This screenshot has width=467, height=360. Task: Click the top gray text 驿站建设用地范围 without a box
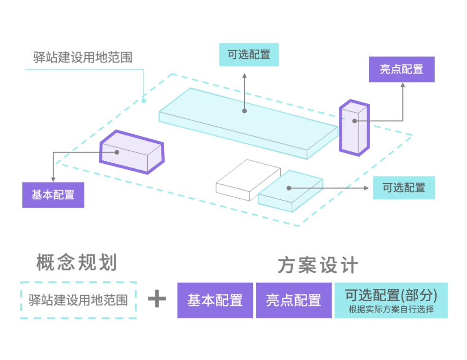[83, 57]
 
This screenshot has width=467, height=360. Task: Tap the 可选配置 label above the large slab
[249, 55]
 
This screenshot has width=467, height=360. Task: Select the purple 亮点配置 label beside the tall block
[401, 69]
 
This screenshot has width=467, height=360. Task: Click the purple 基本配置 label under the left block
[53, 194]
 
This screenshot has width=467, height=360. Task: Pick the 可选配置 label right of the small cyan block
[403, 187]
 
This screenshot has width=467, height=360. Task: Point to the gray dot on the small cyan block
[289, 188]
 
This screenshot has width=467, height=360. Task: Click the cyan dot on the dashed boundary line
[144, 101]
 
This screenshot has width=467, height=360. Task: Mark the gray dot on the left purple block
[117, 152]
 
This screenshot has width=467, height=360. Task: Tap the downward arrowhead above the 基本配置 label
[53, 180]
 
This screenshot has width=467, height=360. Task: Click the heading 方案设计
[318, 266]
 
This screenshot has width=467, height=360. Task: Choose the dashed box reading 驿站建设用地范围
[78, 300]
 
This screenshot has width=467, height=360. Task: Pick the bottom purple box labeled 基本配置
[215, 300]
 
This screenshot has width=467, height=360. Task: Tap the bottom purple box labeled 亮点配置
[293, 300]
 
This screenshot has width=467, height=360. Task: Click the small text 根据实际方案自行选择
[391, 310]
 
